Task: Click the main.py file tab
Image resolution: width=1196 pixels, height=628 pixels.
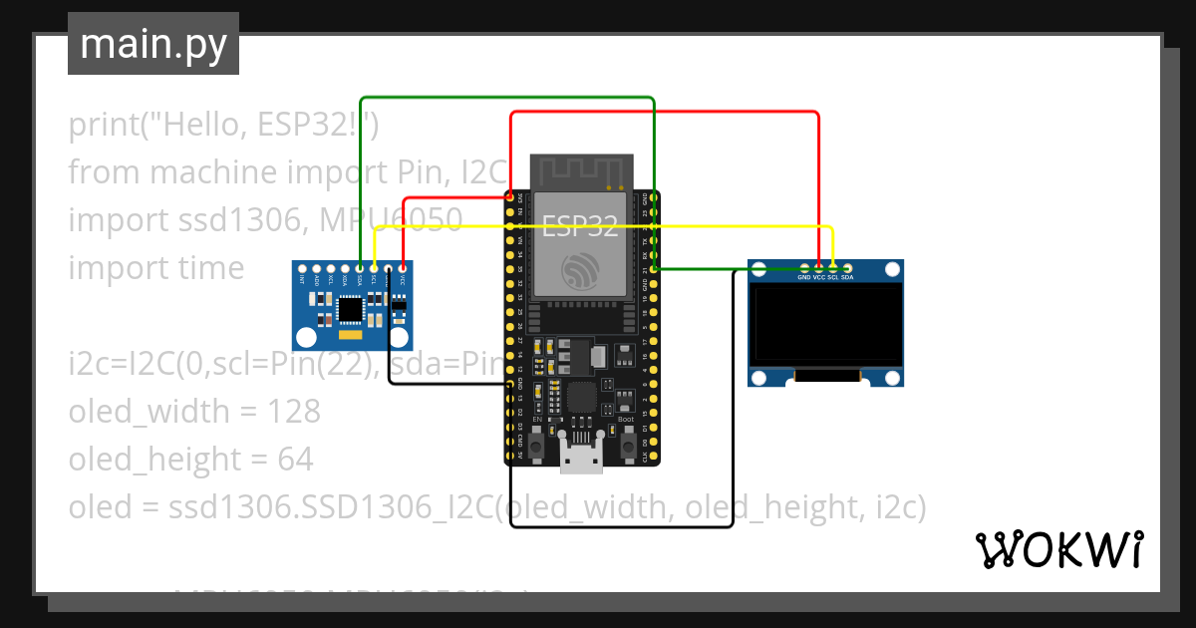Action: point(153,44)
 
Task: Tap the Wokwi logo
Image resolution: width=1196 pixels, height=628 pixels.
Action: point(1057,549)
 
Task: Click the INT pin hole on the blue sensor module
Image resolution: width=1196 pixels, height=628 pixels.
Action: point(302,268)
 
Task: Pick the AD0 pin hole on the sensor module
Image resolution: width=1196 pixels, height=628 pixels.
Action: point(316,268)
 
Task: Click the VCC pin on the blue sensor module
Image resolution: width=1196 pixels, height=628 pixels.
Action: point(402,268)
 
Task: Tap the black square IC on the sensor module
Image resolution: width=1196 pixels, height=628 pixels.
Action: point(350,311)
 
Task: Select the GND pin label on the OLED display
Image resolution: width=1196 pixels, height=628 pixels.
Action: point(803,277)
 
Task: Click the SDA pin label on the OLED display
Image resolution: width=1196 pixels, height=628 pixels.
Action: point(847,277)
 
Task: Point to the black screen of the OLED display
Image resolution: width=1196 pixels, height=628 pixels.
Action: point(826,325)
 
